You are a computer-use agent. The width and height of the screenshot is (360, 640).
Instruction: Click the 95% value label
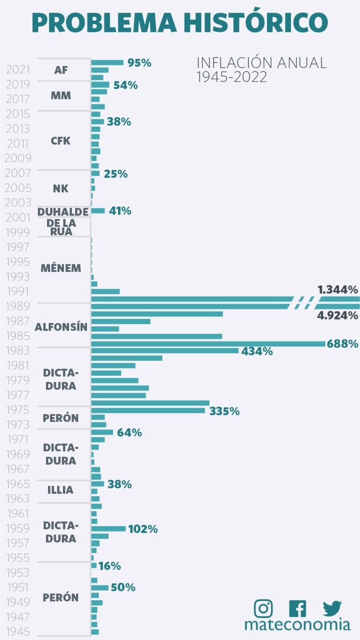[x=139, y=63]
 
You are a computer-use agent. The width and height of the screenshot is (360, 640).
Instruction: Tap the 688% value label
[x=342, y=344]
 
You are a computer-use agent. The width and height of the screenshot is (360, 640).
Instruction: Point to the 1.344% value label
[x=337, y=289]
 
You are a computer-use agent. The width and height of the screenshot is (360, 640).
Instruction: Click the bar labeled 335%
[x=148, y=410]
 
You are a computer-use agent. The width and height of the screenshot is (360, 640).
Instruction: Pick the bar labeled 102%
[x=108, y=528]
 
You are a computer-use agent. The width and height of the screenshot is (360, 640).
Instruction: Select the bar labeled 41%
[x=98, y=211]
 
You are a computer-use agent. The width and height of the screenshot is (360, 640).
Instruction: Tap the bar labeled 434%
[x=165, y=350]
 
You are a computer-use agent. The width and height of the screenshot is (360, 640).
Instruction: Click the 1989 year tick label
[x=18, y=305]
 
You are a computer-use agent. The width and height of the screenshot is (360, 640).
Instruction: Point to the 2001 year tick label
[x=18, y=217]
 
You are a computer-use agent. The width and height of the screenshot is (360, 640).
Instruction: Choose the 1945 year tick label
[x=18, y=632]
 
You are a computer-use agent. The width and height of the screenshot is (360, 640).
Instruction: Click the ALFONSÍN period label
[x=61, y=327]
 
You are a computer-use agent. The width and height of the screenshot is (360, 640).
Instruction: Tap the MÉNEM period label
[x=60, y=268]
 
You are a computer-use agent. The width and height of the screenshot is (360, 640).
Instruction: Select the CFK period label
[x=60, y=141]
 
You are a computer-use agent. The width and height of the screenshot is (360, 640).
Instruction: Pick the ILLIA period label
[x=60, y=490]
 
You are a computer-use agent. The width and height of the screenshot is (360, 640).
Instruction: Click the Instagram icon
[x=263, y=608]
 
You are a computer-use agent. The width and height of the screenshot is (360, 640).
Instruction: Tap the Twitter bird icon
[x=332, y=608]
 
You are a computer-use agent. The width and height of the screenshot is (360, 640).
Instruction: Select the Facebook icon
[x=297, y=608]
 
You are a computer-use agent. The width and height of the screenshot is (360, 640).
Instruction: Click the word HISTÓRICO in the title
[x=255, y=22]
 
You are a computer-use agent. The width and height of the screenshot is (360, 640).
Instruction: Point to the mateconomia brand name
[x=297, y=625]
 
